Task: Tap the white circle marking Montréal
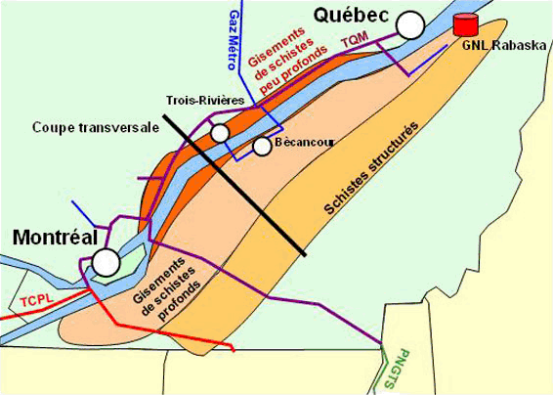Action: pos(106,261)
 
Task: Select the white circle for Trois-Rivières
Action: pos(219,132)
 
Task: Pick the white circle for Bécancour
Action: pos(261,147)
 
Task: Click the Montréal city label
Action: pos(54,238)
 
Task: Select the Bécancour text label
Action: pos(304,143)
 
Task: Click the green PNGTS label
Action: pos(396,370)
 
